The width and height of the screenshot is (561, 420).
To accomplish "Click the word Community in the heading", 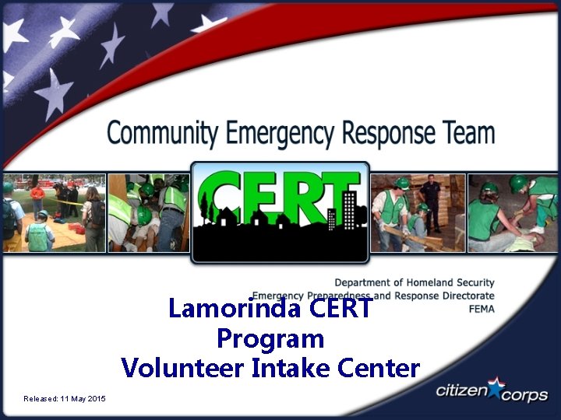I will point(162,133).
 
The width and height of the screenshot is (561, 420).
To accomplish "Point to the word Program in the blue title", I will point(270,338).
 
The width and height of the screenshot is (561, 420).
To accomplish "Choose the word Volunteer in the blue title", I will point(182,367).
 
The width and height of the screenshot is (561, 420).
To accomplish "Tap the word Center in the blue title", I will point(379,367).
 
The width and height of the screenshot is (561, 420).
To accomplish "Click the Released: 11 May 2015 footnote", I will point(65,399).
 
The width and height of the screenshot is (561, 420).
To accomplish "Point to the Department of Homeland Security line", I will point(415,282).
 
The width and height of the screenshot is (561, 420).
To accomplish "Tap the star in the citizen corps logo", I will point(496,383).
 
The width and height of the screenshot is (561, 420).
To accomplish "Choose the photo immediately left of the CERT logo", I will point(148,213).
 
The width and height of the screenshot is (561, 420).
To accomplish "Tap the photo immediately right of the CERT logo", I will point(417,213).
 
